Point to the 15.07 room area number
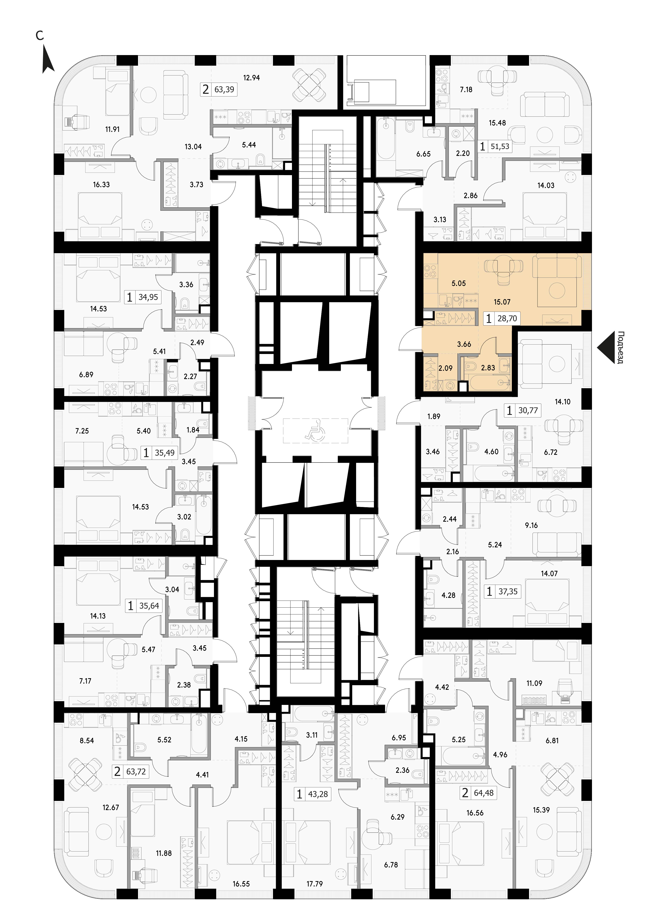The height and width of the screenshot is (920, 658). [502, 302]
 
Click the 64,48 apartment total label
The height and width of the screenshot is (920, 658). [484, 790]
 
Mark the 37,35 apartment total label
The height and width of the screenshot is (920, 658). [508, 592]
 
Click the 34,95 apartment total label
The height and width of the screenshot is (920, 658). [148, 297]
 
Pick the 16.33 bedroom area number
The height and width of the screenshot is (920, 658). [101, 184]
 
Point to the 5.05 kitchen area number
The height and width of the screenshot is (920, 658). [459, 283]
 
